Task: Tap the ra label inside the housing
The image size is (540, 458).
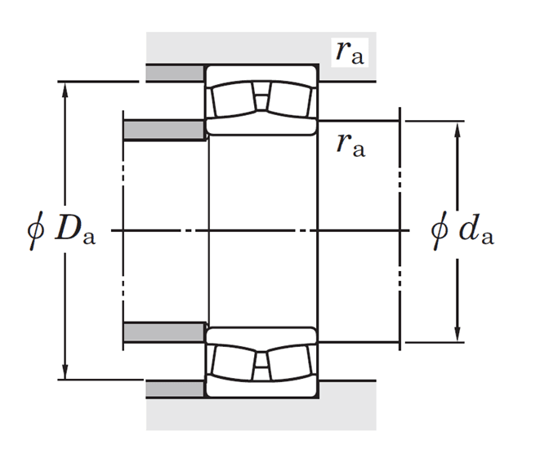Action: click(350, 52)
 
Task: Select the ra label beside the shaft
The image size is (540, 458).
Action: click(351, 145)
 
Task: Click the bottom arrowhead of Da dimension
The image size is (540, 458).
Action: click(65, 371)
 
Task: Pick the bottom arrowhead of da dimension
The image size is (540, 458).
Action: click(457, 333)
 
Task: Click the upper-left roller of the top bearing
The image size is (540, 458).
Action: click(233, 100)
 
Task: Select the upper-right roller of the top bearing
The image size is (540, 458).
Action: click(290, 100)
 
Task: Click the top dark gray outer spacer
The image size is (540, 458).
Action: click(175, 73)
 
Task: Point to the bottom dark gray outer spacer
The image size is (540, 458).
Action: click(175, 389)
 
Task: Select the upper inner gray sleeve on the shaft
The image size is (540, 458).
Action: click(164, 130)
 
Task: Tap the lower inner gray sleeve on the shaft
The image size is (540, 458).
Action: click(164, 332)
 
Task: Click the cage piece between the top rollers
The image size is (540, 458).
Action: click(261, 96)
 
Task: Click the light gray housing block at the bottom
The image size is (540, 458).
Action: click(261, 414)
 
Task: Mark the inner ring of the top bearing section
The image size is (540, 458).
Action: click(261, 127)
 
